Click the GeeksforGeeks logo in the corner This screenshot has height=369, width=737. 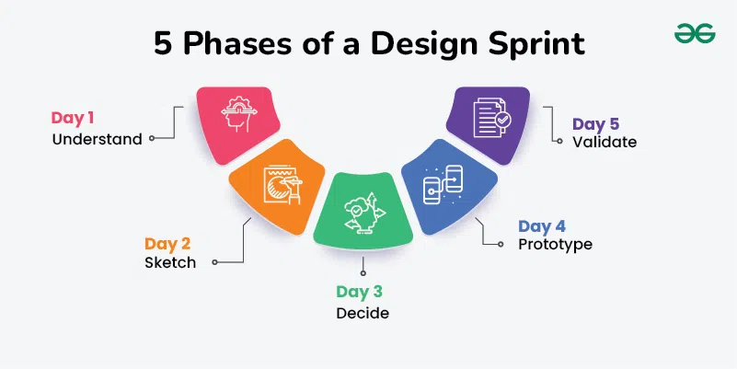[x=695, y=34]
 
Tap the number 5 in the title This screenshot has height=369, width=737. [x=164, y=45]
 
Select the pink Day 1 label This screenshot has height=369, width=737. [x=73, y=118]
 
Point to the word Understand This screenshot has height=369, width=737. [x=97, y=140]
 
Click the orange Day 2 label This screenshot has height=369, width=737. [x=167, y=244]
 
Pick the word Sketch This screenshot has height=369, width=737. [x=170, y=262]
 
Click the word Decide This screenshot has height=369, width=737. [x=362, y=313]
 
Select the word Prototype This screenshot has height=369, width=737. [x=555, y=245]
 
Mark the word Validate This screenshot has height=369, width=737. [x=605, y=143]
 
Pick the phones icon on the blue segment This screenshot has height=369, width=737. [x=443, y=185]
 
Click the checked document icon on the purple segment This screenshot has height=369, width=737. [x=489, y=118]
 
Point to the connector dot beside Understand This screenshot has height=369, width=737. [x=152, y=140]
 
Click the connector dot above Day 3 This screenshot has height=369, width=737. [x=363, y=272]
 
